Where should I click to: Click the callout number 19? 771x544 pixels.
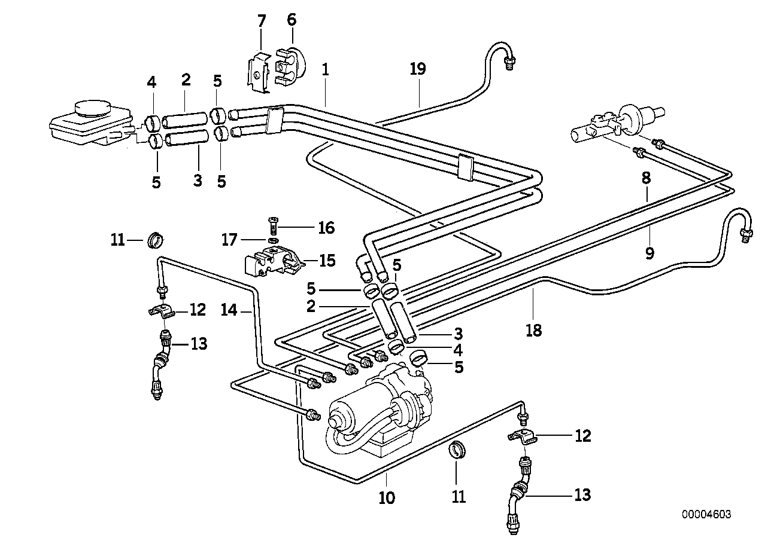[x=417, y=69]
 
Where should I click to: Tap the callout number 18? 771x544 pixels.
[x=533, y=329]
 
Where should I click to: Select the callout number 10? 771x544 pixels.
[x=387, y=497]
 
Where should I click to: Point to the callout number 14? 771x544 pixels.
[x=229, y=310]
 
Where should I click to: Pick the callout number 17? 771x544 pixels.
[x=230, y=240]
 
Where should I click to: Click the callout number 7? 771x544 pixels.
[x=261, y=22]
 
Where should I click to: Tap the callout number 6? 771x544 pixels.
[x=291, y=20]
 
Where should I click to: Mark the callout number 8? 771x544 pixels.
[x=647, y=178]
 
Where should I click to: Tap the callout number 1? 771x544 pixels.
[x=325, y=69]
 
